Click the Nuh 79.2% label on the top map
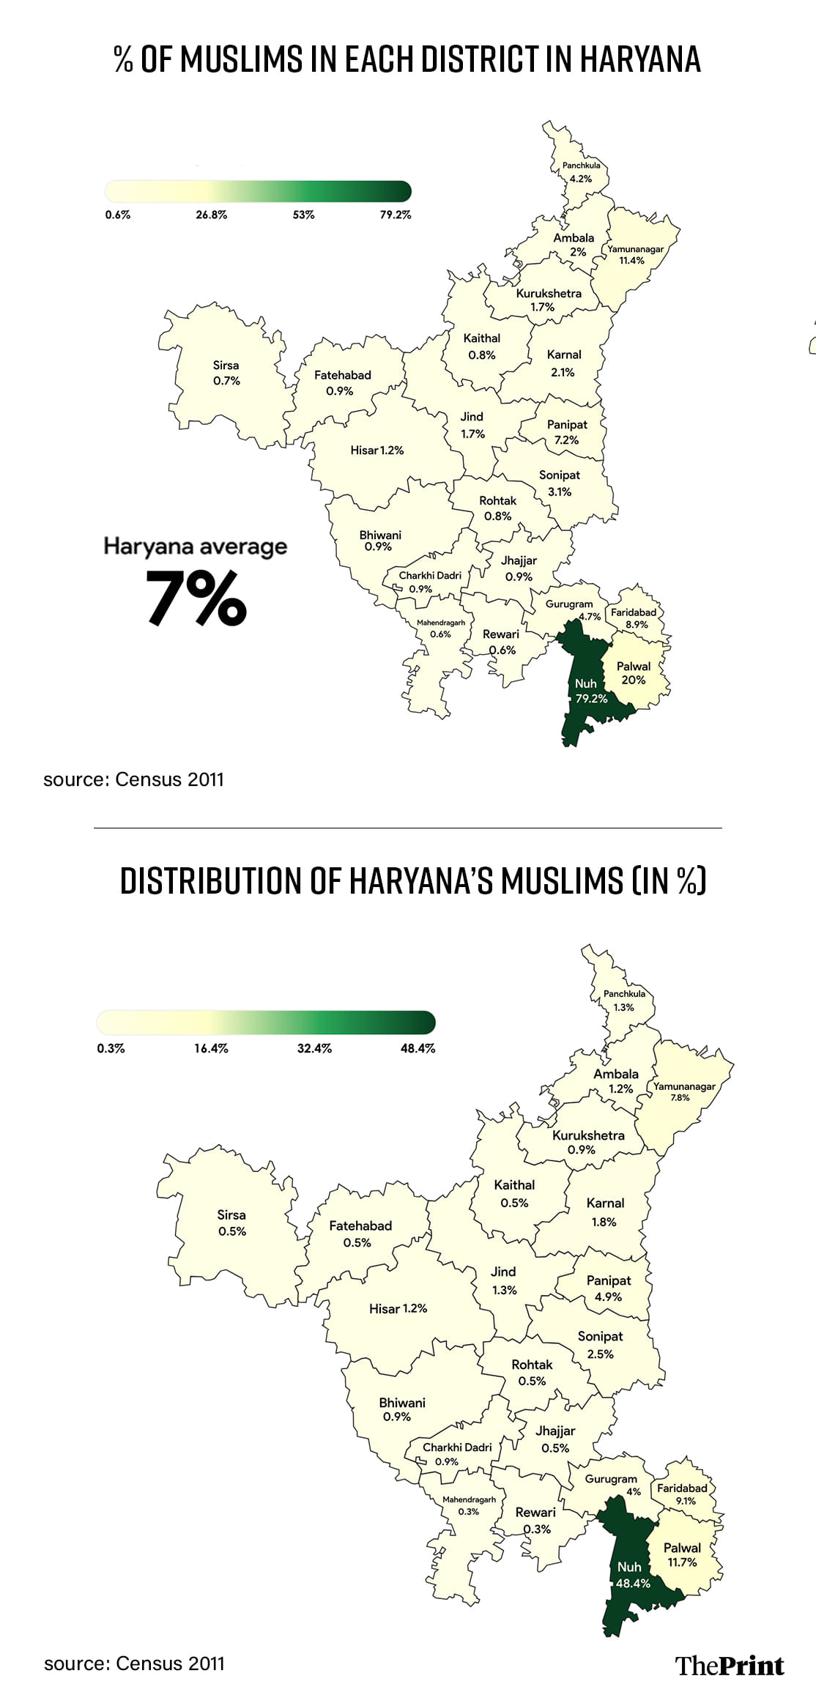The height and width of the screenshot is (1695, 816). [x=590, y=691]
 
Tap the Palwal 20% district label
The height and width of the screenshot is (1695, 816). [x=634, y=673]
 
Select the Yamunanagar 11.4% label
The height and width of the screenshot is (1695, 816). [x=634, y=254]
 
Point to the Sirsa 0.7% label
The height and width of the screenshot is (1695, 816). [x=226, y=373]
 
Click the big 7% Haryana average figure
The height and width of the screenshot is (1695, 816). [x=196, y=598]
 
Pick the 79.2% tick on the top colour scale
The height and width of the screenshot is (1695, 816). [x=396, y=215]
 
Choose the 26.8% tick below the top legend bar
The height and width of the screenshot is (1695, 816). [x=212, y=215]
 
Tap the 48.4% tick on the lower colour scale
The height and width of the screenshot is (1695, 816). [x=418, y=1048]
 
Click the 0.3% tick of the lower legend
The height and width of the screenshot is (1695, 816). [x=111, y=1048]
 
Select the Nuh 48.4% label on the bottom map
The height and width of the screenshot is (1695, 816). [x=633, y=1575]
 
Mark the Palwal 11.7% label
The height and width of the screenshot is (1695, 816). [x=682, y=1554]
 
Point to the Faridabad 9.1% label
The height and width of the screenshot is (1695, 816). [x=682, y=1494]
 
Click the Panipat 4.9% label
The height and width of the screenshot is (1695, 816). [x=609, y=1288]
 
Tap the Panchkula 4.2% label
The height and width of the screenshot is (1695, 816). [x=581, y=172]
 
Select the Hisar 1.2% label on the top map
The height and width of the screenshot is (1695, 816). [x=377, y=450]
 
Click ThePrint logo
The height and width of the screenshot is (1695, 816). [x=730, y=1665]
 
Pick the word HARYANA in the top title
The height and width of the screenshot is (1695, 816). [x=640, y=59]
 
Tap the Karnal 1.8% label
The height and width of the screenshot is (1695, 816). [x=605, y=1212]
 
